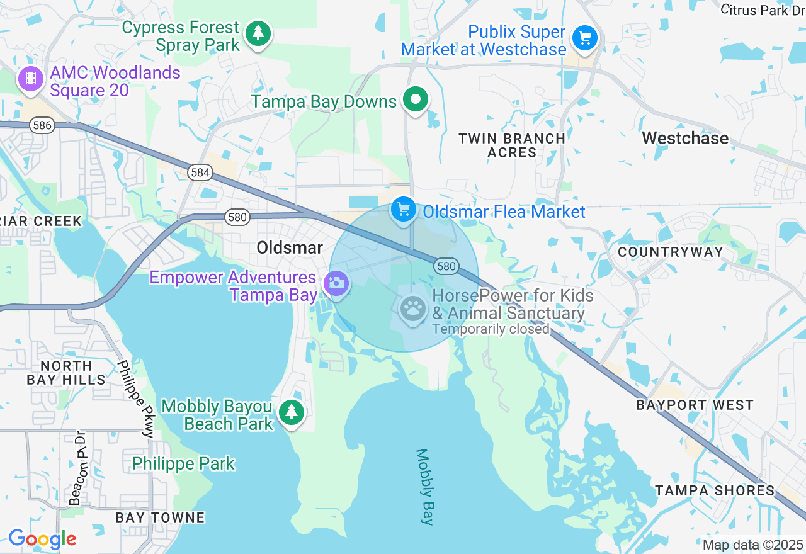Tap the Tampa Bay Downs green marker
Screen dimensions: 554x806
coord(416,99)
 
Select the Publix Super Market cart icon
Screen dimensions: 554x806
coord(585,38)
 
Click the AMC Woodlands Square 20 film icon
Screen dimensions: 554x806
coord(30,80)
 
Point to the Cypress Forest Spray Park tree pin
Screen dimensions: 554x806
coord(257,33)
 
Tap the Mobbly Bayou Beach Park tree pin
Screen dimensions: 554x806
coord(291,412)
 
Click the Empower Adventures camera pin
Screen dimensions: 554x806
coord(336,283)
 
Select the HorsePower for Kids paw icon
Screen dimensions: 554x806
coord(413,308)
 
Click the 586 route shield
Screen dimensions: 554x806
coord(42,125)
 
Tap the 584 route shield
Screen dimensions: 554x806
coord(200,172)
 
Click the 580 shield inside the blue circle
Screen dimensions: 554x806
coord(445,266)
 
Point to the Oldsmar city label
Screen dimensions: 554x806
coord(290,248)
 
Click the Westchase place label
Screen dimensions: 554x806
coord(685,138)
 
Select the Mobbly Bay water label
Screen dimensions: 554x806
coord(425,486)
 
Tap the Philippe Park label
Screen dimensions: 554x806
coord(183,464)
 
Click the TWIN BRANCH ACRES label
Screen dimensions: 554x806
coord(511,145)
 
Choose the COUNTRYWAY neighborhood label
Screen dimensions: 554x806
coord(670,252)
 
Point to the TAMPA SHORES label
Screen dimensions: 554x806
coord(715,490)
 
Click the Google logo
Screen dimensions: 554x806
coord(42,540)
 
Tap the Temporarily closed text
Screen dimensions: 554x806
coord(491,329)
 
